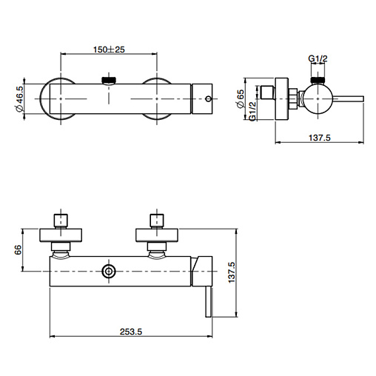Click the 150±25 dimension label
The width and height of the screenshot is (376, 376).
[x=109, y=50]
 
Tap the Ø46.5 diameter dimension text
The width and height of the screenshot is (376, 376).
[x=19, y=98]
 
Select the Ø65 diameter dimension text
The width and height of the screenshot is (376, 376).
[x=240, y=98]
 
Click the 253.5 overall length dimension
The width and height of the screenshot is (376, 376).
[x=131, y=332]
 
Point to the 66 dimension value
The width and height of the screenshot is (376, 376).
[x=18, y=250]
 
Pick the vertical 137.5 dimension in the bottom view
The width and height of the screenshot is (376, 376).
[x=232, y=272]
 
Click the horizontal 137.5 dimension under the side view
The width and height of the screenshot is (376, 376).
[x=320, y=138]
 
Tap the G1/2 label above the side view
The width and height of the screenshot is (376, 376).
[x=318, y=58]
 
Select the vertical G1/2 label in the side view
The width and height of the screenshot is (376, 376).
[x=252, y=111]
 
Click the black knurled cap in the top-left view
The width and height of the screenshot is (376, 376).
[x=109, y=80]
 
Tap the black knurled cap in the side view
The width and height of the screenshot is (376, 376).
[x=318, y=80]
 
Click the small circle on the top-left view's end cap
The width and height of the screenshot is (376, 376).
[x=209, y=98]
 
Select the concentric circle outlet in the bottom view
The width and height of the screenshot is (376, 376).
[x=109, y=271]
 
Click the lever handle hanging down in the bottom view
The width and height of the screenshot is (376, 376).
[x=209, y=302]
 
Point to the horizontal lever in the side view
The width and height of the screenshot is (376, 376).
[x=349, y=98]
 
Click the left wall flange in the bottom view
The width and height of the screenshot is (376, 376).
[x=61, y=235]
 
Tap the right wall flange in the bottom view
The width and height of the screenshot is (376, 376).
[x=157, y=235]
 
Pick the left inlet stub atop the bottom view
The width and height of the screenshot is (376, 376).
[x=61, y=221]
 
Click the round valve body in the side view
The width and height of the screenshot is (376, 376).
[x=318, y=98]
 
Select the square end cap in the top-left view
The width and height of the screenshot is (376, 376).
[x=202, y=98]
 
